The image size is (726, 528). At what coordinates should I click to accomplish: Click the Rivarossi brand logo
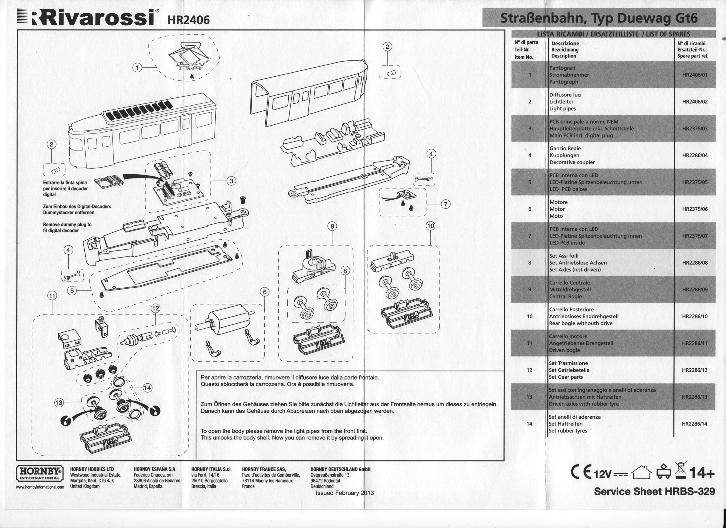[88, 18]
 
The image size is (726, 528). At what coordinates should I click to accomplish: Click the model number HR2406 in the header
[188, 20]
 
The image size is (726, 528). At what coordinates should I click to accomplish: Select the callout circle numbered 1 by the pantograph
[137, 67]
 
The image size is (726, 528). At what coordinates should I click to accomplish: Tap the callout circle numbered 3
[231, 181]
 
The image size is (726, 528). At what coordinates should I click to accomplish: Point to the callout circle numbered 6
[264, 292]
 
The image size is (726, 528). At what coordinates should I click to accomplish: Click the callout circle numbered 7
[446, 204]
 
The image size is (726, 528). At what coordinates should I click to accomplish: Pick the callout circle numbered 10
[430, 226]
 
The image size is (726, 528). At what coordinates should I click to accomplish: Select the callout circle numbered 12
[155, 308]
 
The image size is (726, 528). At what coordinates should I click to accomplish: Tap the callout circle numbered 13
[59, 402]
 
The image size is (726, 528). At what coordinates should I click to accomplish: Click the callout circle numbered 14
[147, 388]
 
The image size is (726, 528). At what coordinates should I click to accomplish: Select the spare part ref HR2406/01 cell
[695, 75]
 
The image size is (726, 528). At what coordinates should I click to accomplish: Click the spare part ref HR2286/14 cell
[694, 424]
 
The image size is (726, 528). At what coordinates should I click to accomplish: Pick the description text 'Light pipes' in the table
[562, 109]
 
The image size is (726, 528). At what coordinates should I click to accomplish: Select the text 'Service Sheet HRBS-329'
[654, 491]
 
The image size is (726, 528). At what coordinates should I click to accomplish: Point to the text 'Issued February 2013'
[345, 493]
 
